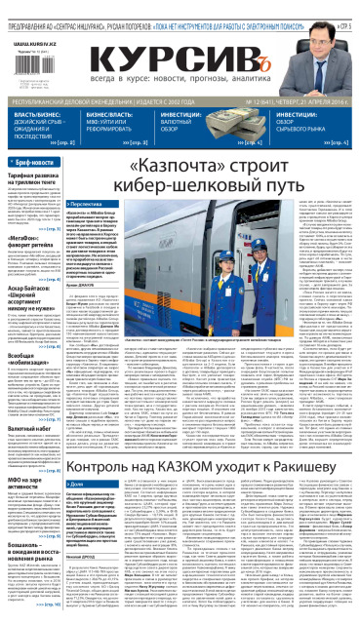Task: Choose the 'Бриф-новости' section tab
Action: click(x=35, y=162)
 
